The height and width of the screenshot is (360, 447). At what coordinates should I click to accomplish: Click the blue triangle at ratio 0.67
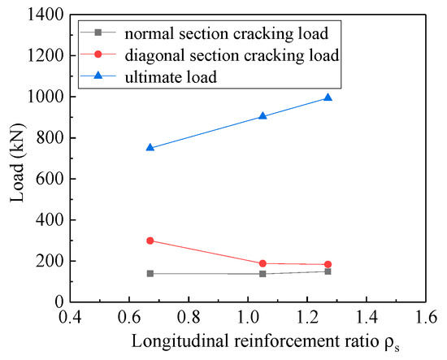point(150,147)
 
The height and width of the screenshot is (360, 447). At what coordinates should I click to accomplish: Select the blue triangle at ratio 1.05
point(263,115)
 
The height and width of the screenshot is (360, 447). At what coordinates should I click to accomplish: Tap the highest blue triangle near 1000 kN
point(328,97)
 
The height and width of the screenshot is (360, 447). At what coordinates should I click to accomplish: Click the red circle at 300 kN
point(150,241)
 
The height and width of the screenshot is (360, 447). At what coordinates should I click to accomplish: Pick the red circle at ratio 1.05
point(263,263)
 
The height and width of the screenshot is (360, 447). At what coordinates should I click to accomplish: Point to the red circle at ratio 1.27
point(328,264)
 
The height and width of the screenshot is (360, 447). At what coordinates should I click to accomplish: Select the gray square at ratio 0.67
point(150,273)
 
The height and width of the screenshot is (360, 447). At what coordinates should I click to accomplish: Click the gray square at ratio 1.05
point(263,273)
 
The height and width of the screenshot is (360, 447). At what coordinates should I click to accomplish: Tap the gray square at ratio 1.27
point(328,271)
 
